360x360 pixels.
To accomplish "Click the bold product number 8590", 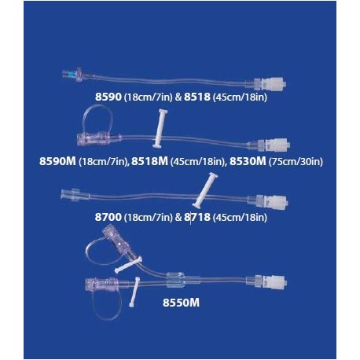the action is (108, 97).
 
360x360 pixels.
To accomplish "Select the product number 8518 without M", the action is (197, 97).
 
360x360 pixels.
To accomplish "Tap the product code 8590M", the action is (57, 161).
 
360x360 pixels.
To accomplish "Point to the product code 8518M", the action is (149, 161).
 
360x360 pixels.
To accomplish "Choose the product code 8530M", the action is (248, 161).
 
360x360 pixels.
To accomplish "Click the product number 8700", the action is (108, 217).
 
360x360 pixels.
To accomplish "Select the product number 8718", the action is (197, 217).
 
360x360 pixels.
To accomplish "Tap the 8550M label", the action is (181, 303).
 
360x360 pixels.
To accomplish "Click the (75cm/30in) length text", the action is (296, 161).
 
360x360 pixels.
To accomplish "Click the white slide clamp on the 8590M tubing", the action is (160, 128).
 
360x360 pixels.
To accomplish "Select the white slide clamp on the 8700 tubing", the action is (205, 190).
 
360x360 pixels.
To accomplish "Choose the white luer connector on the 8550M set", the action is (274, 282).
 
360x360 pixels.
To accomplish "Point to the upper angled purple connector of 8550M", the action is (116, 238).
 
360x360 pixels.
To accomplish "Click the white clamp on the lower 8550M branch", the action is (134, 292).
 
